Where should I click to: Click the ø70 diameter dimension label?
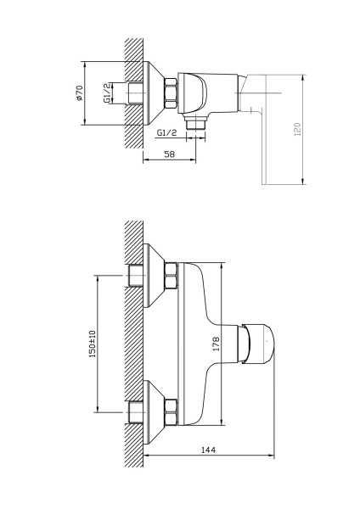click(80, 92)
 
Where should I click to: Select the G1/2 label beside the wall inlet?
click(107, 93)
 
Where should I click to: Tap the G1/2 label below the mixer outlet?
click(166, 132)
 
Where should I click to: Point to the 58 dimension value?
click(169, 154)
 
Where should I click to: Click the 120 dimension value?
click(298, 129)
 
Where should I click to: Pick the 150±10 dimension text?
click(93, 344)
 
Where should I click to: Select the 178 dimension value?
click(216, 344)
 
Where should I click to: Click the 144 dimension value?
click(208, 450)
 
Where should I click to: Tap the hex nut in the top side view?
click(172, 93)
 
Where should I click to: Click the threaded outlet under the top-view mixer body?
click(195, 123)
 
